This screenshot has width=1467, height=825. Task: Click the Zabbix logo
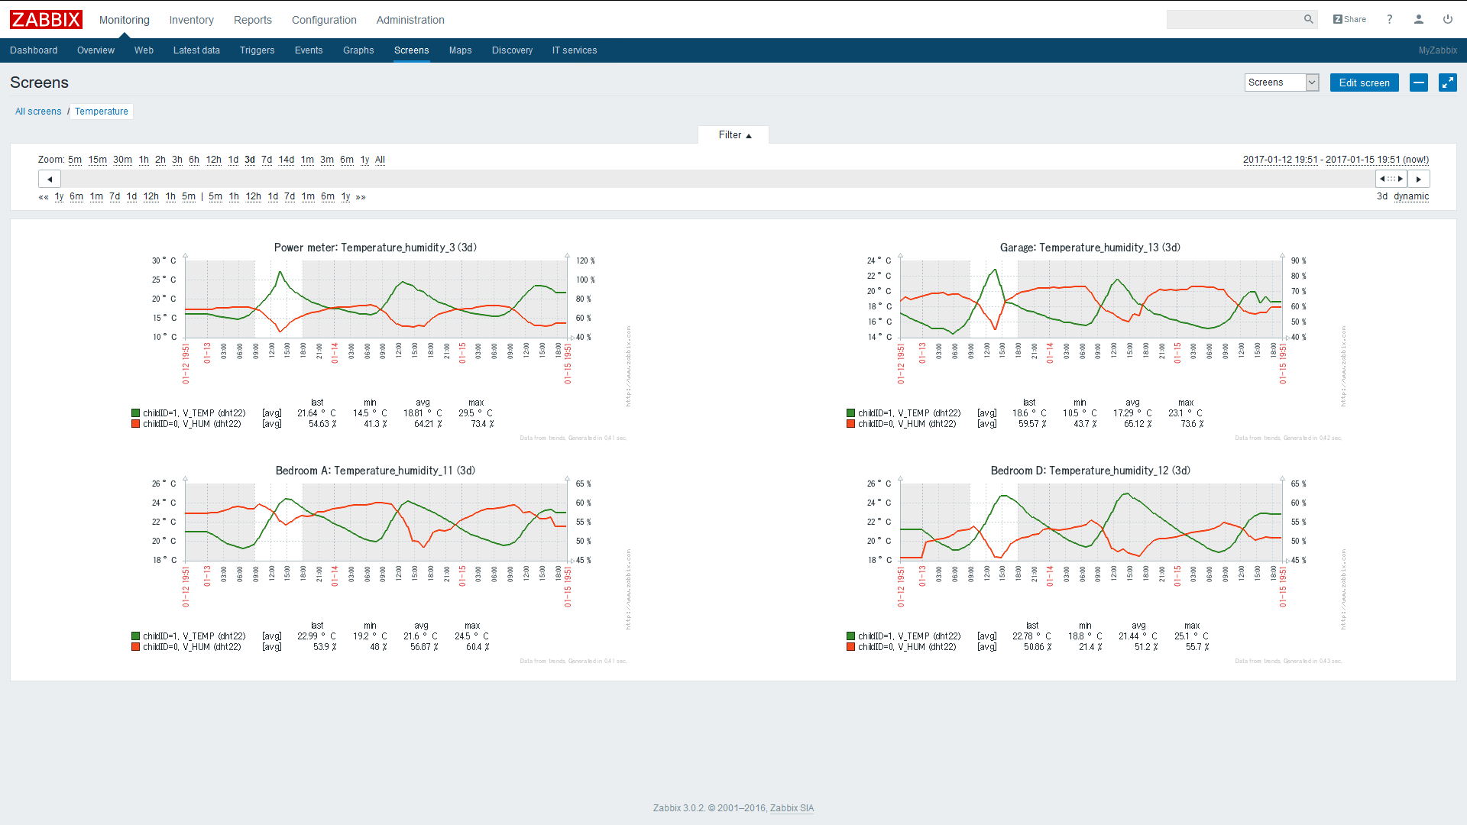click(46, 19)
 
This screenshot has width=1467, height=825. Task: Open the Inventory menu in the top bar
click(191, 20)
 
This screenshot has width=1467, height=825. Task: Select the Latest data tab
click(196, 50)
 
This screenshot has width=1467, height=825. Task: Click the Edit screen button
click(1364, 82)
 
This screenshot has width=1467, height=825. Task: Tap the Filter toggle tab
click(733, 135)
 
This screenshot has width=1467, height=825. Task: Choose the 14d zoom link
click(286, 160)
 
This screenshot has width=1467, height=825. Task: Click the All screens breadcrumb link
click(38, 112)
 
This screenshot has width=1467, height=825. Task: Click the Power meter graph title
click(375, 247)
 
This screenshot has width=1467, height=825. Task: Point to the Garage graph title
click(1090, 247)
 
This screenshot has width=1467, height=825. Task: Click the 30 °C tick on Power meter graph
click(164, 260)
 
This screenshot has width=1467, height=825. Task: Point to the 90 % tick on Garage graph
click(1298, 260)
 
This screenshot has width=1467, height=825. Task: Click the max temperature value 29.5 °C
click(474, 413)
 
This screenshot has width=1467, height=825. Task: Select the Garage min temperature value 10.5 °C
click(1079, 413)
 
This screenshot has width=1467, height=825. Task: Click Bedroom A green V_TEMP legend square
click(135, 636)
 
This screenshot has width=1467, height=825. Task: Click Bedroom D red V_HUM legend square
click(850, 647)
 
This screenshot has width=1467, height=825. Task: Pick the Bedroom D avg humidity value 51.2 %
click(1145, 647)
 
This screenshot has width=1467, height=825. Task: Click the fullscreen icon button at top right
click(1447, 82)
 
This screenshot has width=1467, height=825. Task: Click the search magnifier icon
click(1308, 19)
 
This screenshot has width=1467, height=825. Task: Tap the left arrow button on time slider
click(50, 179)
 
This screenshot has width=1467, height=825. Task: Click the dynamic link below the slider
click(1410, 196)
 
